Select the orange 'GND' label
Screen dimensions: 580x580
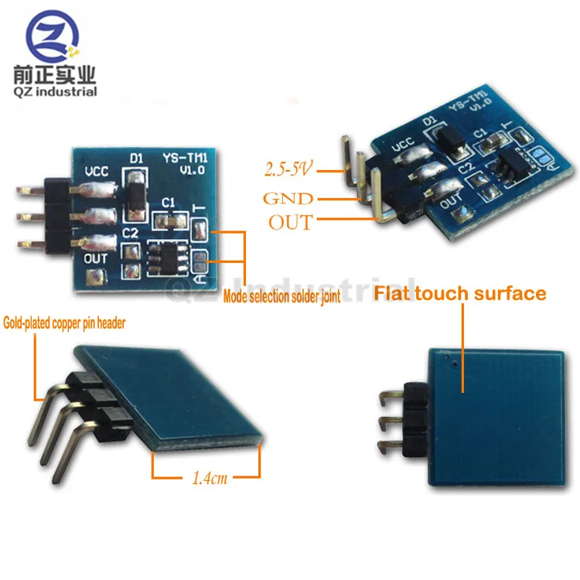click(288, 198)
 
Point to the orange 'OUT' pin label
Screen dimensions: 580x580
click(291, 222)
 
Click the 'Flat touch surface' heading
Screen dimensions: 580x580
click(460, 294)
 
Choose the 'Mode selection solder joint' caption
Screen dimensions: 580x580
click(281, 296)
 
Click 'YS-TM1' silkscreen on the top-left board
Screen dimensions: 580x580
click(183, 159)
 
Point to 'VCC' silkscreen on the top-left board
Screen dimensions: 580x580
click(97, 171)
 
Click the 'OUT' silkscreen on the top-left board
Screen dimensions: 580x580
click(96, 258)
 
